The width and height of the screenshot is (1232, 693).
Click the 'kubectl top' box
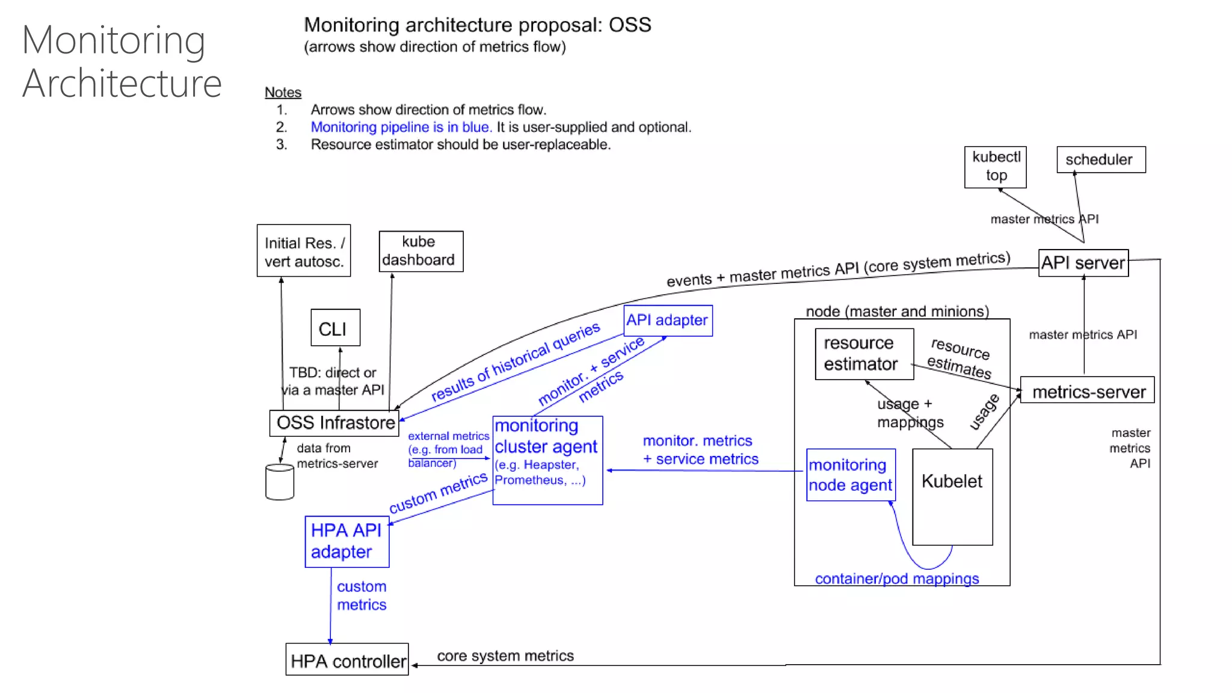click(995, 167)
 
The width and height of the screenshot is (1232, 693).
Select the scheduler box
click(1100, 159)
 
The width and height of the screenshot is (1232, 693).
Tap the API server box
click(1083, 263)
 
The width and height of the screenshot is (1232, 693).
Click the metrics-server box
click(1087, 392)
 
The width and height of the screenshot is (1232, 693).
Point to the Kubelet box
click(952, 496)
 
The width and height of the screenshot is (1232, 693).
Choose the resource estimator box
click(864, 354)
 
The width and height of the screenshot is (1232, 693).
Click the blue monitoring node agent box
click(850, 475)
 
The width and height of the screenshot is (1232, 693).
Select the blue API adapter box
click(667, 320)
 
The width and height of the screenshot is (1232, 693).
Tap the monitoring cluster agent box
click(547, 460)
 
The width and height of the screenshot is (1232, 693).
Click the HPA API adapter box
click(346, 541)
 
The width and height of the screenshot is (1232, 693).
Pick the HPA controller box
click(347, 660)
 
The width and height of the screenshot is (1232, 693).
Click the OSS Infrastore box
click(334, 423)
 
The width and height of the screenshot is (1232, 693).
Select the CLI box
click(335, 328)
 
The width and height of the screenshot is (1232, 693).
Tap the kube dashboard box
click(420, 251)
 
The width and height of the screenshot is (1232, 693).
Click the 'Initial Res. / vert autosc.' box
click(303, 251)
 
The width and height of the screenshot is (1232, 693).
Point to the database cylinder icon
click(280, 482)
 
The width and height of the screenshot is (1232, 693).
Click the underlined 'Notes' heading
click(283, 92)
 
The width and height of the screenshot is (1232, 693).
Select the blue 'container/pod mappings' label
click(896, 579)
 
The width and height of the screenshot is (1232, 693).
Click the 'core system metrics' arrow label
click(505, 656)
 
